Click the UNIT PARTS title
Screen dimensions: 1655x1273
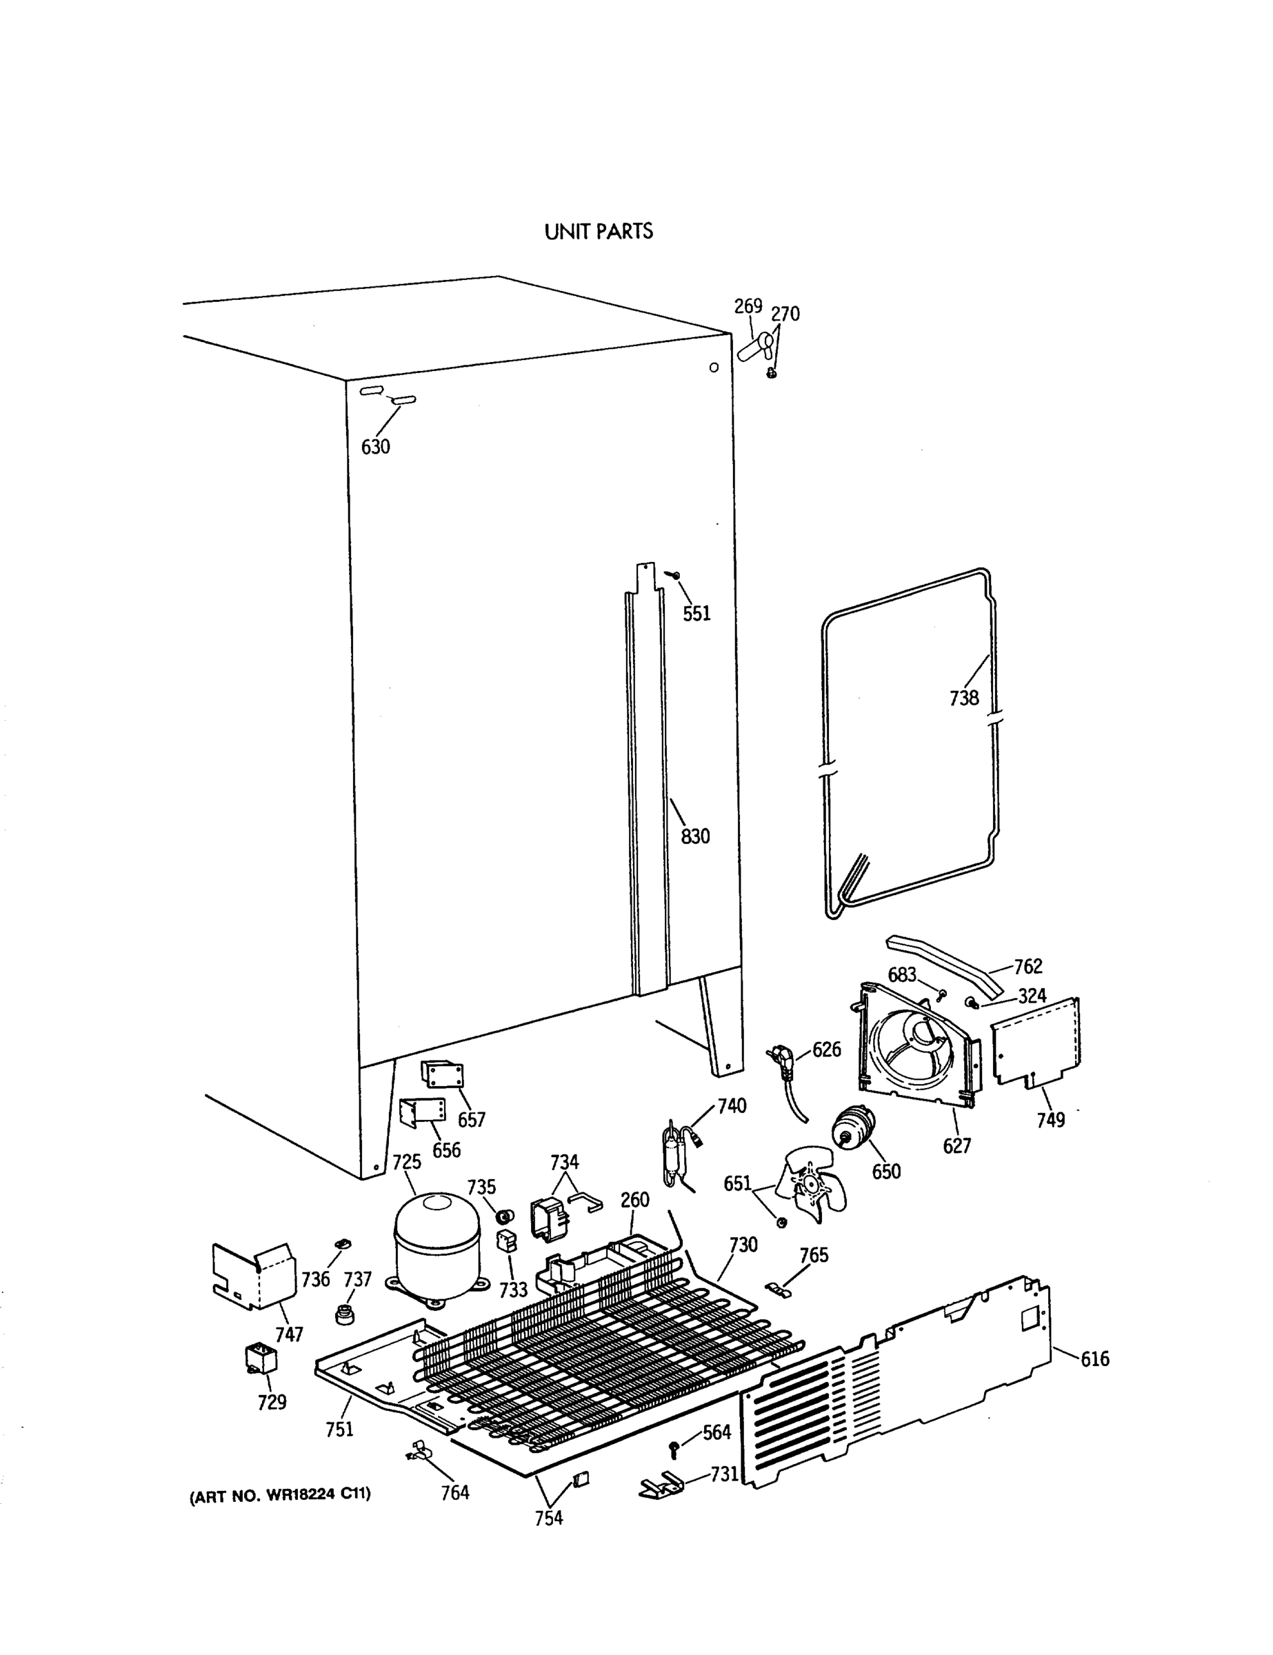point(598,232)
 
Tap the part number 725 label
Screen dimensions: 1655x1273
point(406,1162)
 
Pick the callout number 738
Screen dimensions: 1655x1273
point(964,698)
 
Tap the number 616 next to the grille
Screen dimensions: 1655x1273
point(1094,1358)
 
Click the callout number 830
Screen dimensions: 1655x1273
point(695,836)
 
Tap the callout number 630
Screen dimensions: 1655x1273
point(375,447)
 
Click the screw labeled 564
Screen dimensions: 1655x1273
point(674,1448)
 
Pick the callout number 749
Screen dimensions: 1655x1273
point(1050,1119)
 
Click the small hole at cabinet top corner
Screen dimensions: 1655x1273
point(713,368)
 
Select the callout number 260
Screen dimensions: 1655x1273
point(634,1200)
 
